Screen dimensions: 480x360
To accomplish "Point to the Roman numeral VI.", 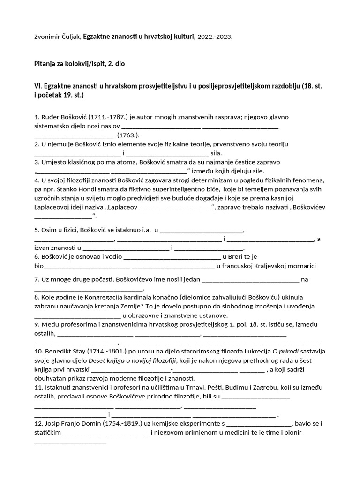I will click(37, 86).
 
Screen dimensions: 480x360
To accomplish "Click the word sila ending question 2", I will click(217, 153).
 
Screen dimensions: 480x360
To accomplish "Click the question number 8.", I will click(37, 297).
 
